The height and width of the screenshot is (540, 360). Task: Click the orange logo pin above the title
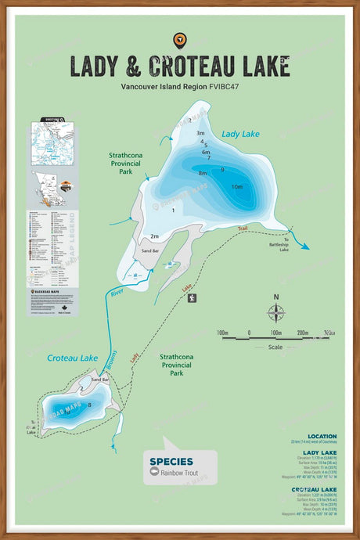(x=180, y=39)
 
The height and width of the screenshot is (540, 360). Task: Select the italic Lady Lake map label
(x=240, y=135)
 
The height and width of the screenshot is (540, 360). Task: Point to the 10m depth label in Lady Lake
(x=236, y=186)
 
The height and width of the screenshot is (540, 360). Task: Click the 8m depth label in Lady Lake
(x=202, y=173)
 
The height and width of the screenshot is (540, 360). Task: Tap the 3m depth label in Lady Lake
(x=200, y=134)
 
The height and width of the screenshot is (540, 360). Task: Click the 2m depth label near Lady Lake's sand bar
(x=154, y=236)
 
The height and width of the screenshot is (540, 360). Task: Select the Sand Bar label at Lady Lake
(x=150, y=250)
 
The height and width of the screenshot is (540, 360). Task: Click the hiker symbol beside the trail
(x=192, y=297)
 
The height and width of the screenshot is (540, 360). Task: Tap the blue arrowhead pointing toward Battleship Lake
(x=304, y=246)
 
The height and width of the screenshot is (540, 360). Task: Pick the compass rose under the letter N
(x=275, y=313)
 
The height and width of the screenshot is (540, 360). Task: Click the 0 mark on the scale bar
(x=249, y=332)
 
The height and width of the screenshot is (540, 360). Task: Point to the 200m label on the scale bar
(x=302, y=332)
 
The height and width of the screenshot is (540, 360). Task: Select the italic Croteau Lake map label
(x=72, y=358)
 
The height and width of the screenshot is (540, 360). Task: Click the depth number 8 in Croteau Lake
(x=90, y=405)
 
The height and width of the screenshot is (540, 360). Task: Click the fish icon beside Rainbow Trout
(x=154, y=472)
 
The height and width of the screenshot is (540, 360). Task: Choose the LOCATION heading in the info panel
(x=322, y=437)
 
